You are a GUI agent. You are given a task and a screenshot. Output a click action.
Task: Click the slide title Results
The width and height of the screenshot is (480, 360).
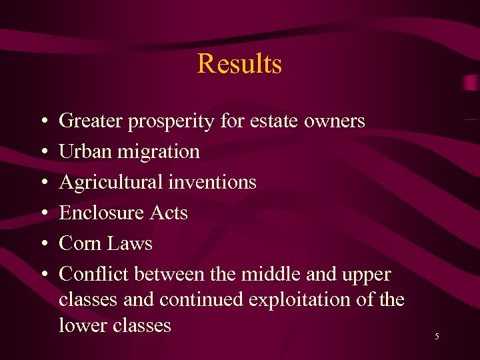pyautogui.click(x=239, y=64)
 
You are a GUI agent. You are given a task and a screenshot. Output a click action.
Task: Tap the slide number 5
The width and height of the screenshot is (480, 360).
pyautogui.click(x=437, y=337)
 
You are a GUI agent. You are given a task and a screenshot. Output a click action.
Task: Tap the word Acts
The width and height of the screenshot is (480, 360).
pyautogui.click(x=168, y=213)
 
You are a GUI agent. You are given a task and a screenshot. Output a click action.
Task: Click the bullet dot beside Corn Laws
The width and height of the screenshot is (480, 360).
pyautogui.click(x=42, y=244)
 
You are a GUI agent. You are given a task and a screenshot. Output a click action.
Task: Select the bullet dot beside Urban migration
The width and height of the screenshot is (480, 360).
pyautogui.click(x=42, y=152)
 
